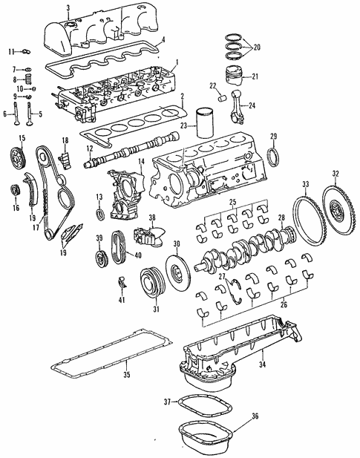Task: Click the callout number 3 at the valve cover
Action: click(68, 8)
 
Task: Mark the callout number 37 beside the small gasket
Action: click(168, 402)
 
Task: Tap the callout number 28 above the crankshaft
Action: click(281, 217)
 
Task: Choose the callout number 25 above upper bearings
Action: click(232, 202)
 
